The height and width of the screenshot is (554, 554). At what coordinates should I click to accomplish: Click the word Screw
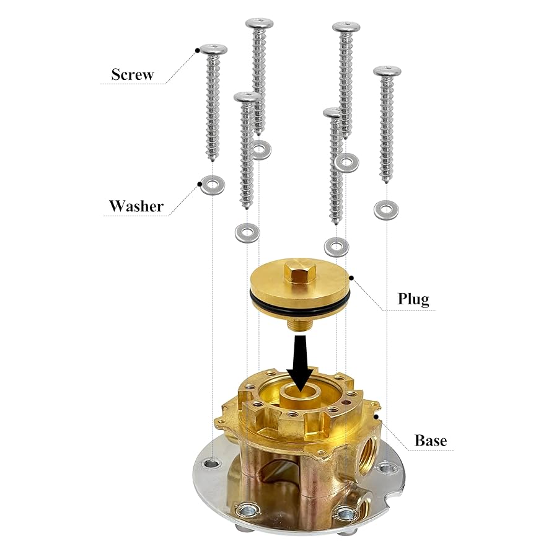tap(132, 75)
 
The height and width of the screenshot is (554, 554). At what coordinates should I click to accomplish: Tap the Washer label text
tap(136, 206)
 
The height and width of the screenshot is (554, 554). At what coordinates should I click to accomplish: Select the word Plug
tap(413, 299)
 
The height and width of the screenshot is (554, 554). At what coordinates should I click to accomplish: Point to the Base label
tap(431, 441)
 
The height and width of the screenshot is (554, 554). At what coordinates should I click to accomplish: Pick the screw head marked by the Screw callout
tap(212, 50)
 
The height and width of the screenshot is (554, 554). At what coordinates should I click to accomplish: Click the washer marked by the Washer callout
tap(212, 185)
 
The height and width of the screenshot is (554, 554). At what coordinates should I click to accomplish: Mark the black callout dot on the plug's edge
tap(351, 277)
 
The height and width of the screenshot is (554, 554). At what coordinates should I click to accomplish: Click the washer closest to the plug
tap(336, 247)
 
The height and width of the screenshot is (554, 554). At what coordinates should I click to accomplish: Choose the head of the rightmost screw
tap(387, 71)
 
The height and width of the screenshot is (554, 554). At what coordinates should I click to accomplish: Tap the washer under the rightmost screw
tap(387, 209)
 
